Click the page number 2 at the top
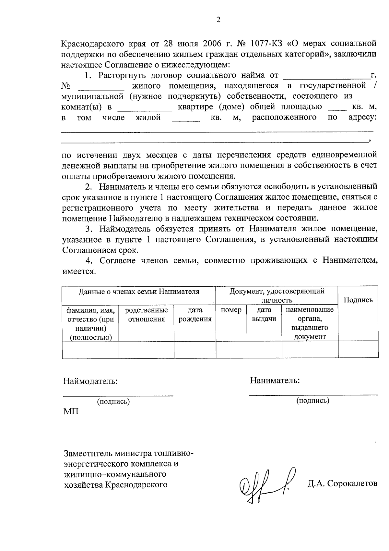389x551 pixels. click(218, 20)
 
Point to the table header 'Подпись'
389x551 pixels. click(358, 300)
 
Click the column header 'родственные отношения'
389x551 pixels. click(146, 315)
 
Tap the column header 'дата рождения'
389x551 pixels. click(195, 315)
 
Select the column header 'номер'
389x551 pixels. click(231, 310)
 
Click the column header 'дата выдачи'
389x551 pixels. click(264, 315)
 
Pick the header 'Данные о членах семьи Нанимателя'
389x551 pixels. click(139, 292)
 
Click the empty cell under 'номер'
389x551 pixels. click(231, 350)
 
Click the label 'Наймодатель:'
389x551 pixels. click(90, 381)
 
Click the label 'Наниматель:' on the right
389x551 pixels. click(275, 381)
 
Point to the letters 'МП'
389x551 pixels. click(71, 412)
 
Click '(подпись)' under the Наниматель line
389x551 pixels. click(312, 401)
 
